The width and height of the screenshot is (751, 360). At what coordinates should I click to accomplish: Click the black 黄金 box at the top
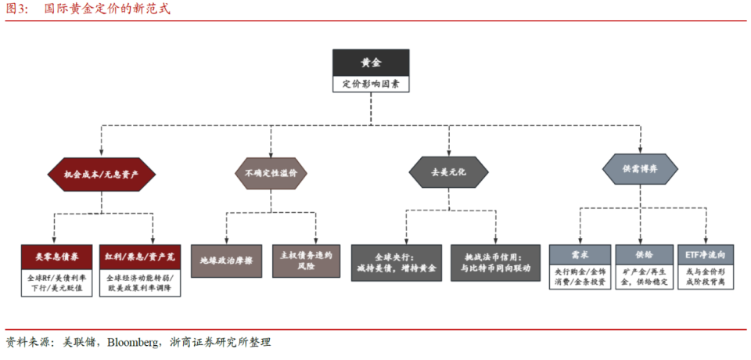pos(371,63)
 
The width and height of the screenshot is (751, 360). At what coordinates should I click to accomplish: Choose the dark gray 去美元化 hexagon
pos(448,171)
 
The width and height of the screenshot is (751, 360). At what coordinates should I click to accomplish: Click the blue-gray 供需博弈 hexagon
pos(639,168)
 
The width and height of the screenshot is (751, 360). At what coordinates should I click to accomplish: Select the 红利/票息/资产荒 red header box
pos(140,255)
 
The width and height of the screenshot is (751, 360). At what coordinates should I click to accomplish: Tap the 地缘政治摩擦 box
pos(226,261)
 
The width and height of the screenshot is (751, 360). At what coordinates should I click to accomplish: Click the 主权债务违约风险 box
pos(307,261)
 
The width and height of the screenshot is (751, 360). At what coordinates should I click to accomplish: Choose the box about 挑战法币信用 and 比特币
pos(495,262)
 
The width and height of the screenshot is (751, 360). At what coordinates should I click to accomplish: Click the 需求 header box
pos(580,254)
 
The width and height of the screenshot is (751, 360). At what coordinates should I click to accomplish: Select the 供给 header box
pos(644,254)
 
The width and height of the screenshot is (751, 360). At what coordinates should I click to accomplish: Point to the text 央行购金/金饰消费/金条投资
pos(580,276)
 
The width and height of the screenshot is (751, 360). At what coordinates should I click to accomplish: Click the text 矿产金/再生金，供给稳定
pos(644,276)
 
